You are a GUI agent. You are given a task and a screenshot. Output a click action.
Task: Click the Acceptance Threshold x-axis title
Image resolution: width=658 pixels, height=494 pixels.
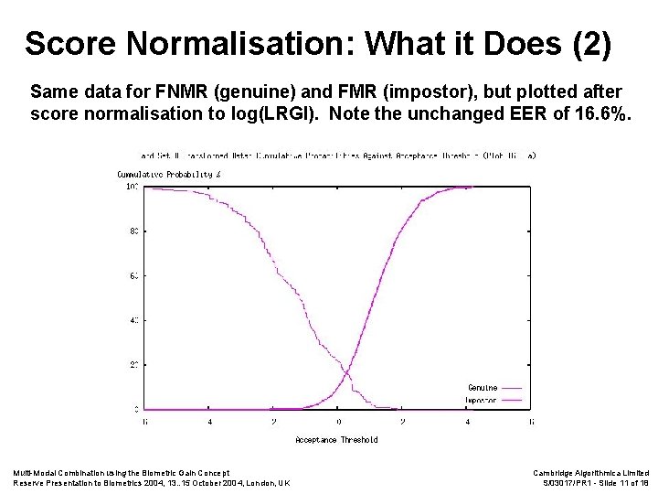[x=336, y=440]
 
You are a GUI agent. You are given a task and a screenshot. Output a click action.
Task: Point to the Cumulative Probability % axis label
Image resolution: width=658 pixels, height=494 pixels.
[x=164, y=174]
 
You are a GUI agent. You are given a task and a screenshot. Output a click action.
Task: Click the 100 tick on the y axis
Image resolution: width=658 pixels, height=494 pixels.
[x=132, y=187]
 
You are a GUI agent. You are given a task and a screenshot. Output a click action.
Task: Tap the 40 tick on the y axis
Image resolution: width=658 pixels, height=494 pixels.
[x=133, y=320]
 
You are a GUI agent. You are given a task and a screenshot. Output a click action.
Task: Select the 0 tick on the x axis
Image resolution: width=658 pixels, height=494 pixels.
[x=338, y=422]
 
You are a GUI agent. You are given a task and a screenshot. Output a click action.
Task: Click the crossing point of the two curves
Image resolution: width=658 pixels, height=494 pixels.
[x=344, y=370]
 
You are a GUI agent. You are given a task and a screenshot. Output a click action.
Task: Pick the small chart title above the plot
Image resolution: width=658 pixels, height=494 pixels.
[x=338, y=156]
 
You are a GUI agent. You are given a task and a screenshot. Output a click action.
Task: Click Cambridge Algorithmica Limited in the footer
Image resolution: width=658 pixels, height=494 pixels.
[x=590, y=472]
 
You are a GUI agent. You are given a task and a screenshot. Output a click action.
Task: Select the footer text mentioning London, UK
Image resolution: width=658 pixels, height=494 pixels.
[x=152, y=483]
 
